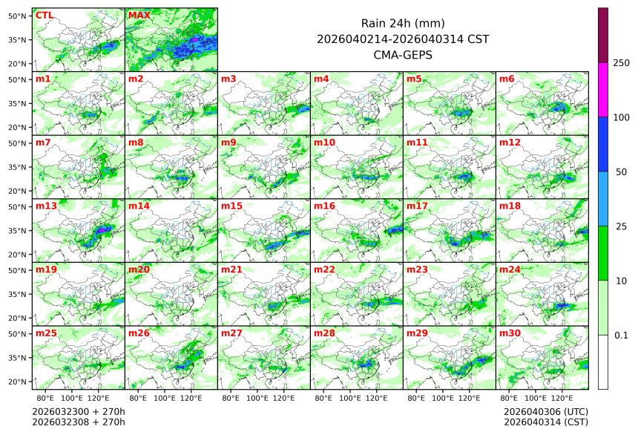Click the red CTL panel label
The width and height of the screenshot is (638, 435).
point(44,15)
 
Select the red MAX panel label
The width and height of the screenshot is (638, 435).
point(139,15)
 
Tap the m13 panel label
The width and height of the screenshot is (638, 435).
point(46,206)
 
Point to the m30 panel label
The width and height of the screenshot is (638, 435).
point(510,333)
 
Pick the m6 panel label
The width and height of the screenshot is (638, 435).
point(507,79)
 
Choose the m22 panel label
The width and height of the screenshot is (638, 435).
point(324,269)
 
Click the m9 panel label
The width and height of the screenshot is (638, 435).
point(228,142)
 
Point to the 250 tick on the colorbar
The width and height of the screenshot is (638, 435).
point(621,63)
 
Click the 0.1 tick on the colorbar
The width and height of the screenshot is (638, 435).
point(621,335)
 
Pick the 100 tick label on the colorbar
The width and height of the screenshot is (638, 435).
point(621,117)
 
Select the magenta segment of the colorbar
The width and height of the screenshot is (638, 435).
point(603,90)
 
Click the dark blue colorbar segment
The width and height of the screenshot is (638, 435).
point(603,144)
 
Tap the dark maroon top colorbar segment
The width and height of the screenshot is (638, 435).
point(603,36)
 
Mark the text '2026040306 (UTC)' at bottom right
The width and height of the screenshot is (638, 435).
point(545,411)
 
